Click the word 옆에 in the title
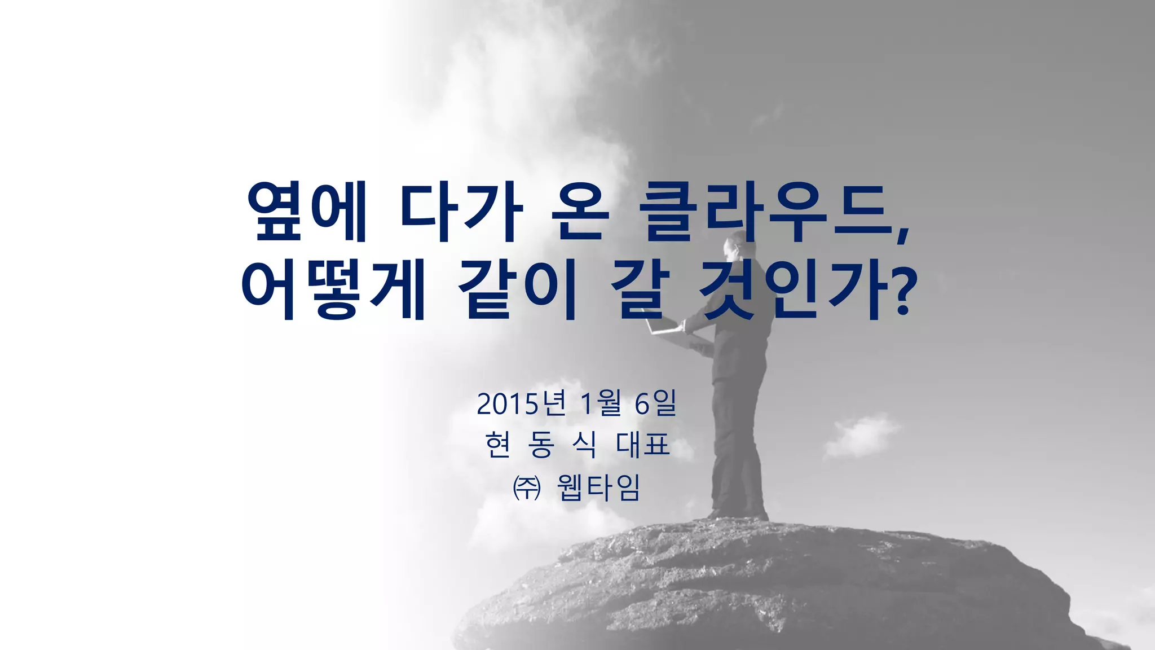point(308,212)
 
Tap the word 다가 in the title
point(460,212)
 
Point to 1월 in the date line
point(601,404)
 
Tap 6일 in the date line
point(655,404)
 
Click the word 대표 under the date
point(643,445)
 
